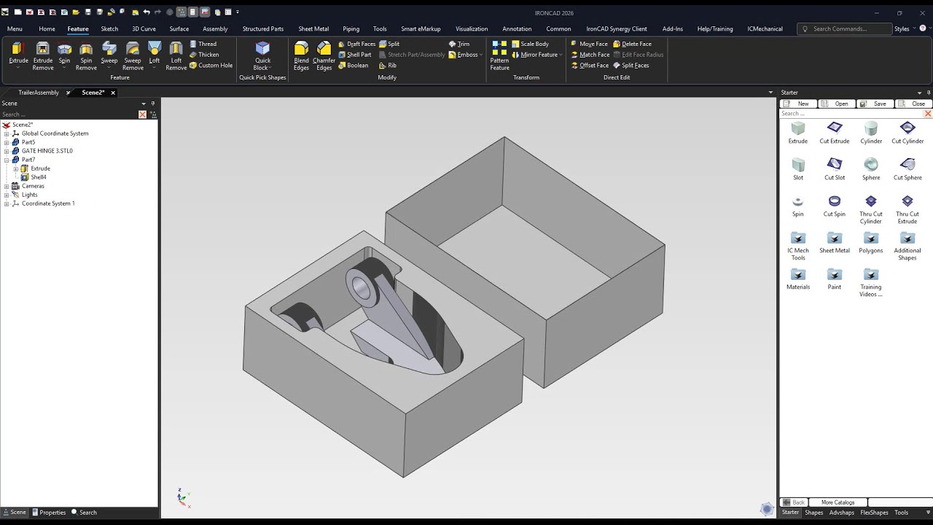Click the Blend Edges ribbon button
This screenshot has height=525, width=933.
[x=301, y=55]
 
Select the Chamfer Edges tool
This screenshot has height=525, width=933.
[x=324, y=55]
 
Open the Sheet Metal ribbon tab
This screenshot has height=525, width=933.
[x=313, y=29]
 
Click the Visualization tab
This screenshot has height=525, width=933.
[x=472, y=29]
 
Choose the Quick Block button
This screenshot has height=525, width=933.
[x=262, y=55]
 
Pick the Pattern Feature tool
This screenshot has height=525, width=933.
[x=499, y=55]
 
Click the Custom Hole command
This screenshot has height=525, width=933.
[x=211, y=66]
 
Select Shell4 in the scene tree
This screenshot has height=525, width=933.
[x=38, y=177]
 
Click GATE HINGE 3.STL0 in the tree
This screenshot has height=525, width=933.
[x=47, y=151]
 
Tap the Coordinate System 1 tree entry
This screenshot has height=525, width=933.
[x=48, y=203]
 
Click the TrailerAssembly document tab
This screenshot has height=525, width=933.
[x=39, y=93]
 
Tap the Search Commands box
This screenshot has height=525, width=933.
[x=849, y=29]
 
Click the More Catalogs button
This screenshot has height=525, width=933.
[x=838, y=502]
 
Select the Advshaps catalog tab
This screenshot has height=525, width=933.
[x=842, y=513]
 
